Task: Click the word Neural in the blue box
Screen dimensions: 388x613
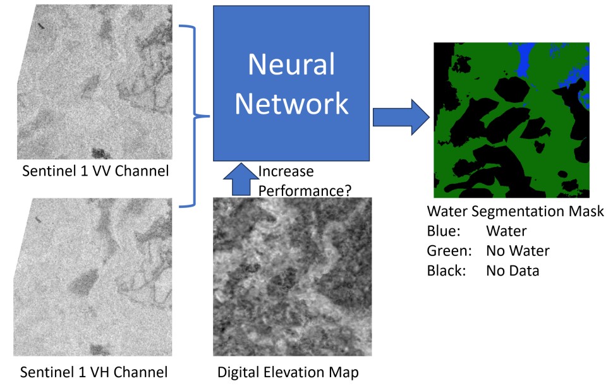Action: (291, 64)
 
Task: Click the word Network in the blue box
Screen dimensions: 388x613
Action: (291, 103)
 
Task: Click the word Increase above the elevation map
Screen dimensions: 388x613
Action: (286, 171)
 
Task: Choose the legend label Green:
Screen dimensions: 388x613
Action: (450, 251)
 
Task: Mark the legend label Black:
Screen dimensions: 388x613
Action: (447, 271)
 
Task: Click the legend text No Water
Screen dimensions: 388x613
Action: (518, 251)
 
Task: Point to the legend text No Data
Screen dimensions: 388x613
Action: (513, 271)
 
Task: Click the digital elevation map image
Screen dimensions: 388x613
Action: (291, 278)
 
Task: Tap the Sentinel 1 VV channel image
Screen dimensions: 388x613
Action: (95, 82)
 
